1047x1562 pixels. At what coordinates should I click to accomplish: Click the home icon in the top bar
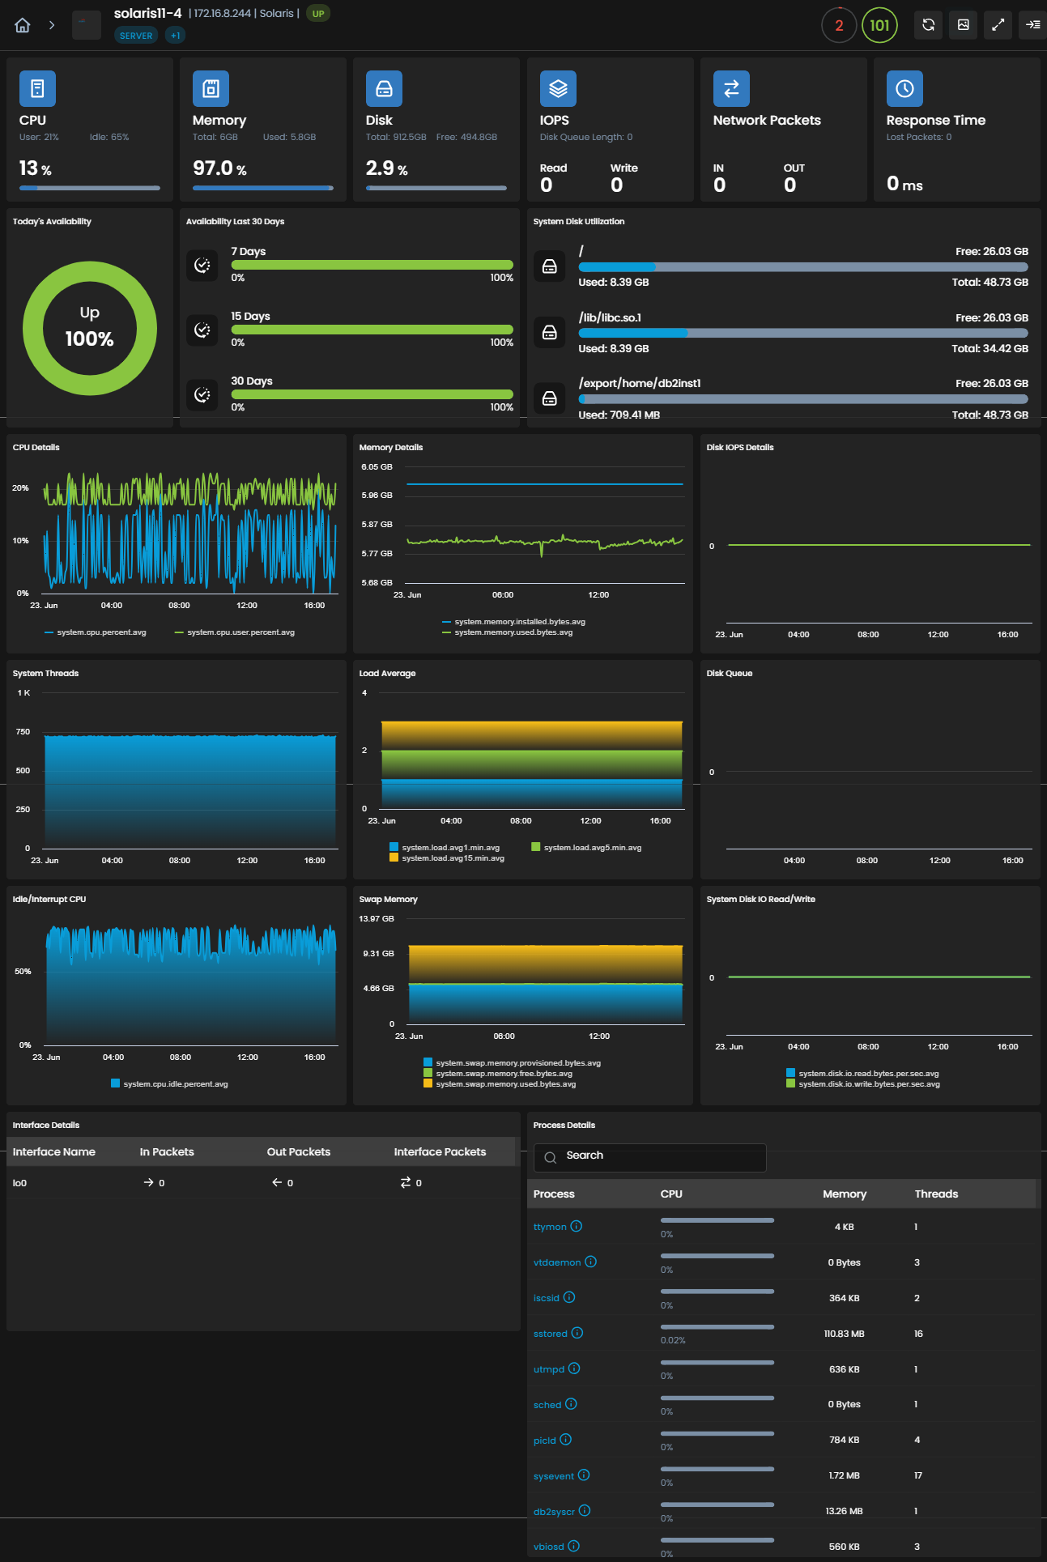pos(23,25)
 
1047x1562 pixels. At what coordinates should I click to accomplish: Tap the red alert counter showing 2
pos(839,25)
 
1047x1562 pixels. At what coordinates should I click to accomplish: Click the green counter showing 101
pos(879,25)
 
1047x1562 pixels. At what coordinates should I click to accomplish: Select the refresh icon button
pos(929,25)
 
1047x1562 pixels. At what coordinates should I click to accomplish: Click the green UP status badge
pos(318,14)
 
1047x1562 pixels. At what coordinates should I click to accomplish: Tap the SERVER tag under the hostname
pos(136,36)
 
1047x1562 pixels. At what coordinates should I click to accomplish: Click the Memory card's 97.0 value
pos(213,168)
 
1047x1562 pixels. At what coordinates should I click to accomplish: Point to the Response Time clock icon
pos(904,88)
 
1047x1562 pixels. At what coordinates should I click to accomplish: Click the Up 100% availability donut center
pos(89,328)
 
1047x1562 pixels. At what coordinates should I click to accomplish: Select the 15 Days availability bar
pos(372,330)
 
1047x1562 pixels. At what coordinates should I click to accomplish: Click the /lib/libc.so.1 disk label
pos(610,317)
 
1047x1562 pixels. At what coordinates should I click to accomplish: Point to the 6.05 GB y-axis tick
pos(377,467)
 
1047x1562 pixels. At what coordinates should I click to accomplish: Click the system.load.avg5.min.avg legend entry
pos(586,848)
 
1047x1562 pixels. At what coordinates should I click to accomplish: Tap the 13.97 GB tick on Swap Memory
pos(377,919)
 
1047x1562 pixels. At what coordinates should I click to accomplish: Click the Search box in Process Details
pos(649,1157)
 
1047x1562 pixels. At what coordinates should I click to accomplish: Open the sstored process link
pos(551,1334)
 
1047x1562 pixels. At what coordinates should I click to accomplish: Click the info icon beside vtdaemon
pos(591,1262)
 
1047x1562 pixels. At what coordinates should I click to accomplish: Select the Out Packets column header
pos(299,1151)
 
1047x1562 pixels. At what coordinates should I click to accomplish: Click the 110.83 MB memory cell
pos(845,1334)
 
